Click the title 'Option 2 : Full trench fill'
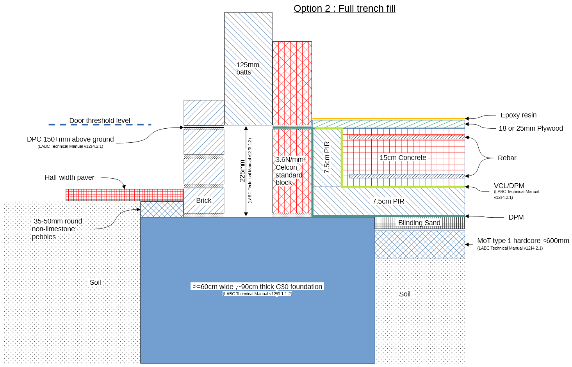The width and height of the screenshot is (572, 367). point(344,9)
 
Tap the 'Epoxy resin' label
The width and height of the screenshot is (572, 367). point(519,115)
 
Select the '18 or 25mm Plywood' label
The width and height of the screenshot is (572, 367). point(531,128)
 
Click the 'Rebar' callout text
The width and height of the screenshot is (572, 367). point(507,158)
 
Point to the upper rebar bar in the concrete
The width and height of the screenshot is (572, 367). point(407,137)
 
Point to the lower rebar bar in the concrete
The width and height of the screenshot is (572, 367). point(407,176)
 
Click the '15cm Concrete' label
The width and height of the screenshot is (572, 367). point(403,158)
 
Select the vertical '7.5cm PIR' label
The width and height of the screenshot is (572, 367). point(327,157)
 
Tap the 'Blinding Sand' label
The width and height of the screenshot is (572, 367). point(419,223)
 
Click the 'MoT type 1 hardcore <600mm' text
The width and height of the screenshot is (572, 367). point(523,241)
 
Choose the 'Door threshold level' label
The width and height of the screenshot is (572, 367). point(100,121)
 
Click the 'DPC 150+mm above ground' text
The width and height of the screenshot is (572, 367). point(70,139)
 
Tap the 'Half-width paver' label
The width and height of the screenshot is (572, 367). point(69,177)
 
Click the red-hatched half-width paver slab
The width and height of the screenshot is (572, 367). point(125,195)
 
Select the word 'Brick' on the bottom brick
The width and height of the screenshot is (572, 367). point(203,200)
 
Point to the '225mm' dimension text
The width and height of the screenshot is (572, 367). point(242,170)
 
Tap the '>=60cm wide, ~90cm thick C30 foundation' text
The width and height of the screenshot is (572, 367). point(257,287)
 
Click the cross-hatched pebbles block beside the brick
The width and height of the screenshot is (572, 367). point(162,209)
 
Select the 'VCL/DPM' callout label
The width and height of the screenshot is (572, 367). point(509,186)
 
